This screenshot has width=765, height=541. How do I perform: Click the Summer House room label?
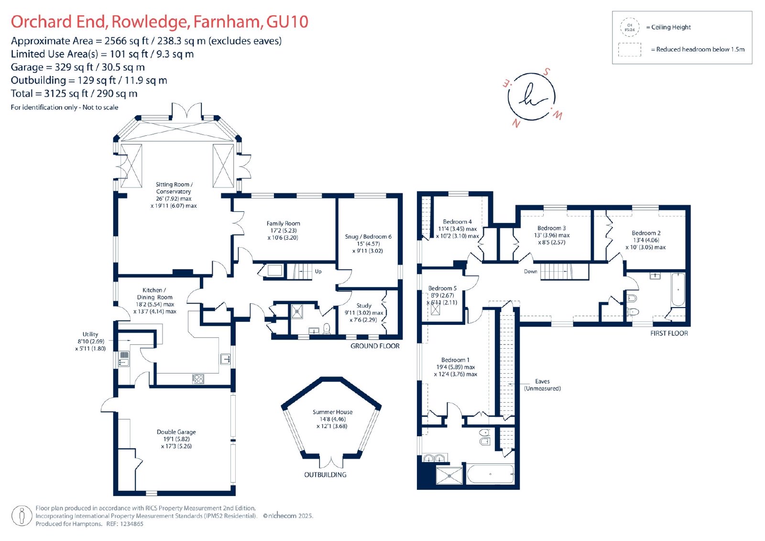332,412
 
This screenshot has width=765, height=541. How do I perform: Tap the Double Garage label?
176,431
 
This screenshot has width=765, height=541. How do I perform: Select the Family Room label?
283,223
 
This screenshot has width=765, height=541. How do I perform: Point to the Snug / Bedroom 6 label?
368,236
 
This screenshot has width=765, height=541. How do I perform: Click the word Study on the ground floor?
364,306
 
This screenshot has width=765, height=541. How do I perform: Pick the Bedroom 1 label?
455,360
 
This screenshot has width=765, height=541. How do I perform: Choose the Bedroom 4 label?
457,221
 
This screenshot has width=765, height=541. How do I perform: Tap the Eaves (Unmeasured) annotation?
542,385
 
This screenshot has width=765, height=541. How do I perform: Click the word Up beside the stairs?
318,271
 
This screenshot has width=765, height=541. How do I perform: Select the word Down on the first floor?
530,271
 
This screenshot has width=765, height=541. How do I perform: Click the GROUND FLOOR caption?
375,346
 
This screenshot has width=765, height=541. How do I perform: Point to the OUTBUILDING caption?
325,475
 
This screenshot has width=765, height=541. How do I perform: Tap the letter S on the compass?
546,72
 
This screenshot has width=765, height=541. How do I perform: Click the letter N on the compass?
516,123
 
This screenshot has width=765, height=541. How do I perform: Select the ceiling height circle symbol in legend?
629,27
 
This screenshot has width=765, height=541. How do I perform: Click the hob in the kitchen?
198,379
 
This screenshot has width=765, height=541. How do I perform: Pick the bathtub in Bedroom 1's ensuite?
490,474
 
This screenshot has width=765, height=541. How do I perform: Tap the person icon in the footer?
22,516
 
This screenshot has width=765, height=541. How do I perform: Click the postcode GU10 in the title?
287,22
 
